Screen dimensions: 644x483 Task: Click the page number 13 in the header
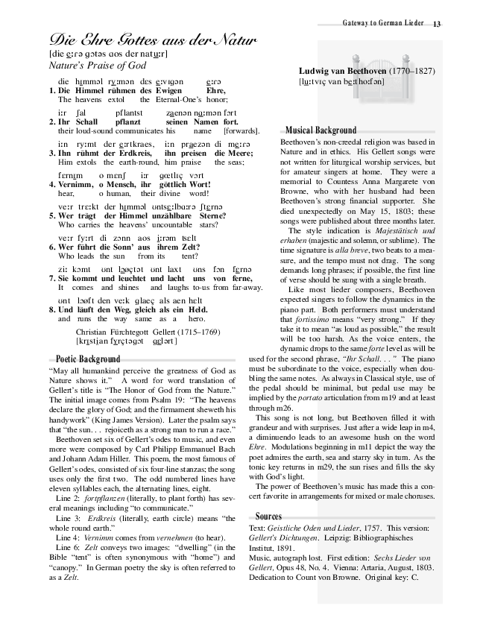tap(437, 25)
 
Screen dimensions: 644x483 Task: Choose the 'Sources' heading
tap(268, 516)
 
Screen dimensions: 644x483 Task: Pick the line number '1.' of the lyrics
tap(52, 91)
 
